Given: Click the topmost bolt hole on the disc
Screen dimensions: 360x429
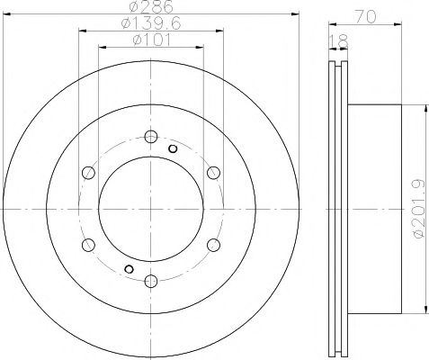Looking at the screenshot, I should pos(149,138).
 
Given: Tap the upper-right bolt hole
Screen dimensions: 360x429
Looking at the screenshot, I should pos(211,173).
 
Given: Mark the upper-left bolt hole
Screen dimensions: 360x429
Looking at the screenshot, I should pos(87,173).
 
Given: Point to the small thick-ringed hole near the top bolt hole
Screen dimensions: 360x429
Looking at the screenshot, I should pos(172,148).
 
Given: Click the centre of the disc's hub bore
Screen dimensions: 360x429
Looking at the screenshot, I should pos(149,208).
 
